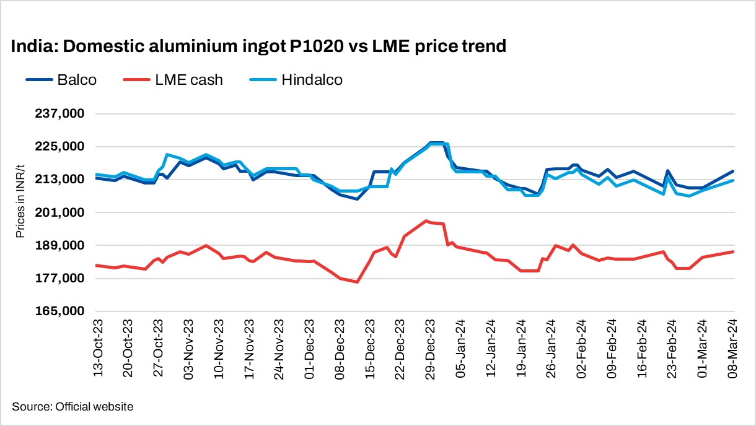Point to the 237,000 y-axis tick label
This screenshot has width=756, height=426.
[61, 114]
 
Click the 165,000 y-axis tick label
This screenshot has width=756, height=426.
[61, 311]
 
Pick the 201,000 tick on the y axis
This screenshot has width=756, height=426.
[61, 213]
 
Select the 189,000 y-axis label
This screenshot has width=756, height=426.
[61, 246]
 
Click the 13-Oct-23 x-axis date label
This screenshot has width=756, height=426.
[98, 349]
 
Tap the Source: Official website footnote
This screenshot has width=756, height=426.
[73, 407]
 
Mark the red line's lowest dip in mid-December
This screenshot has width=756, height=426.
[358, 282]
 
